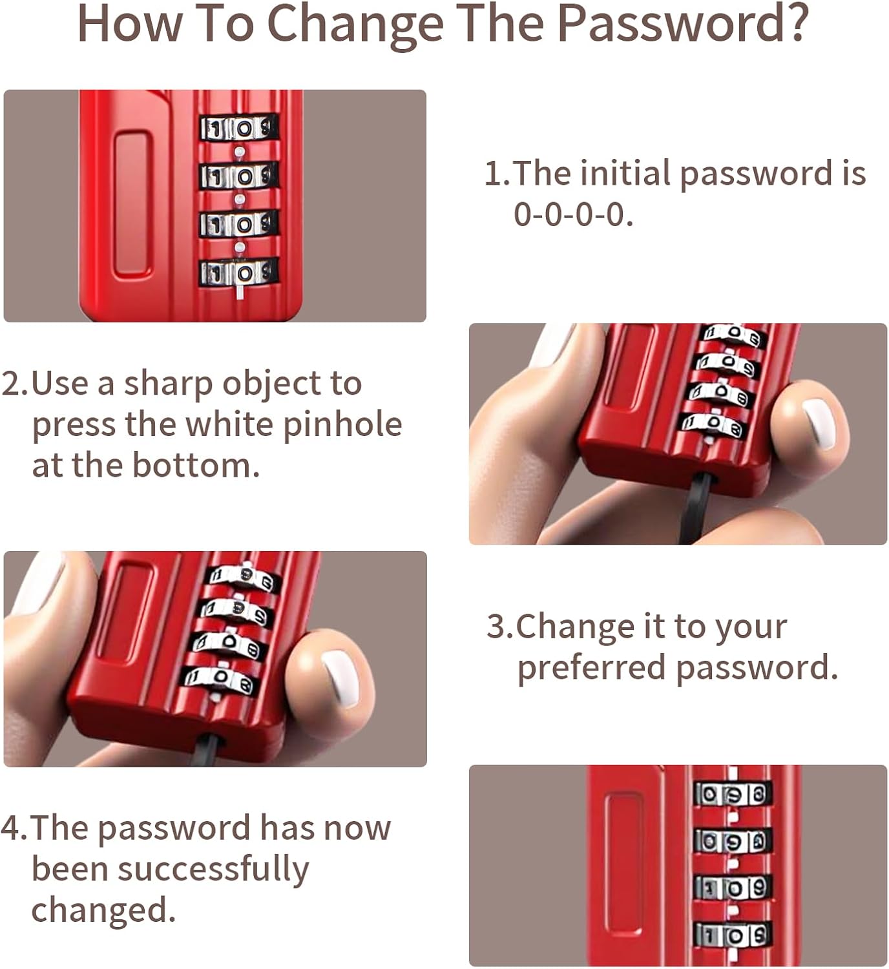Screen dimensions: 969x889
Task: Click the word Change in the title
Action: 355,23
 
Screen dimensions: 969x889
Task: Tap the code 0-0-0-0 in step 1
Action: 572,214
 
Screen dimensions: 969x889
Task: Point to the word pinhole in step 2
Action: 342,424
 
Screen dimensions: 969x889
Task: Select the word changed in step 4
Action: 103,910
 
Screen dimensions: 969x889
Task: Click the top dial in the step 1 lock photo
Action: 238,128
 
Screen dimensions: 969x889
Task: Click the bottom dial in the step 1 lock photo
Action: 238,272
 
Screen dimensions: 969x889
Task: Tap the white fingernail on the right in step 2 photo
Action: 819,423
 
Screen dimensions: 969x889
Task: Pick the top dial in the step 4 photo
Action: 733,793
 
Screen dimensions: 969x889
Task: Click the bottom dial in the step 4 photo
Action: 733,934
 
